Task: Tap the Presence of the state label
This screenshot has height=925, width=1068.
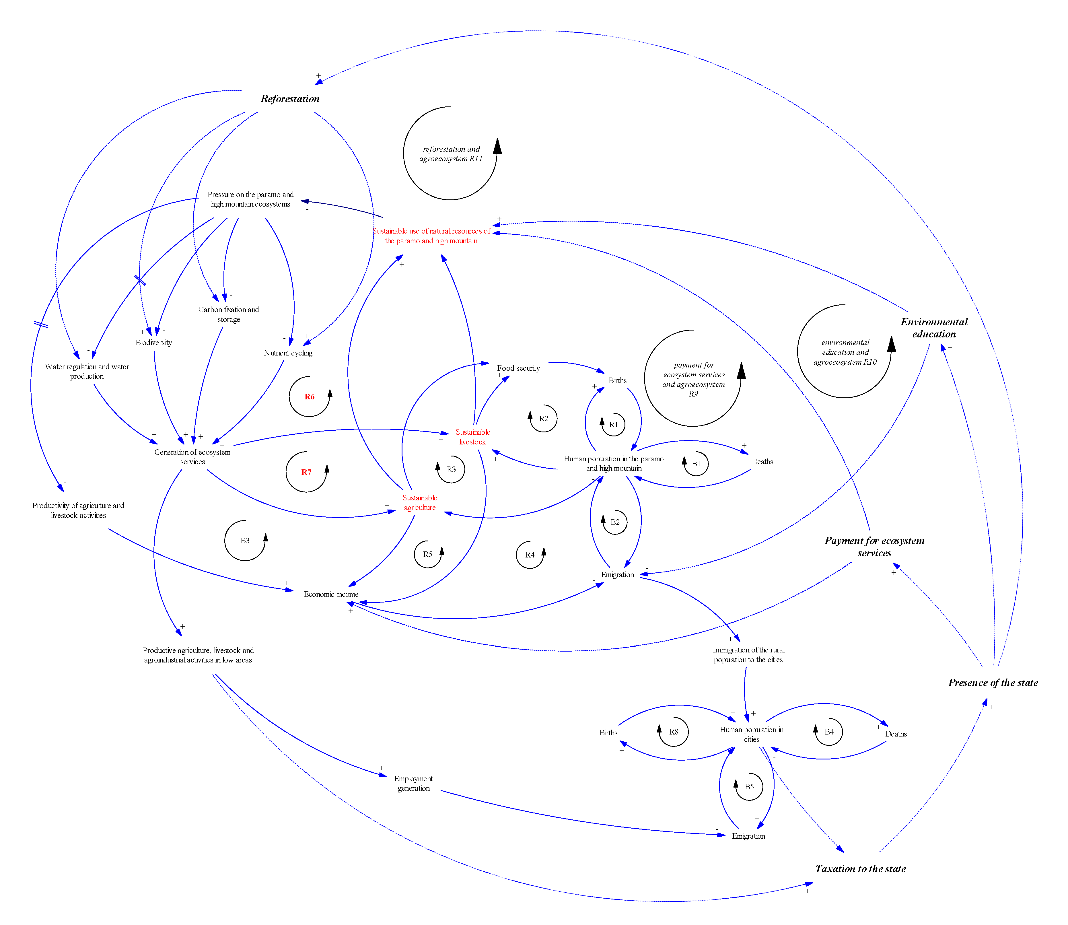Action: [993, 682]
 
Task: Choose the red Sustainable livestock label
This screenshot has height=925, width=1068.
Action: [472, 437]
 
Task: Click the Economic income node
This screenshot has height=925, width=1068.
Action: [331, 594]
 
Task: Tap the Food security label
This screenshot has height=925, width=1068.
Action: [518, 368]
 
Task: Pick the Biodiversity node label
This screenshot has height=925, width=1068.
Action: [153, 342]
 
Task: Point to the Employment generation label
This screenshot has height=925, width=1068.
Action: [413, 783]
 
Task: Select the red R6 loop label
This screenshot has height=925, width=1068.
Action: [309, 397]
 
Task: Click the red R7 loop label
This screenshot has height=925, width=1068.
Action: [306, 472]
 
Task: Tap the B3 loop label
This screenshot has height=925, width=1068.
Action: [245, 541]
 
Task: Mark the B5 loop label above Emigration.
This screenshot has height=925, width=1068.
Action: [749, 787]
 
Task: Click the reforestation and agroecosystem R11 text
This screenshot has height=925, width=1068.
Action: [451, 154]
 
